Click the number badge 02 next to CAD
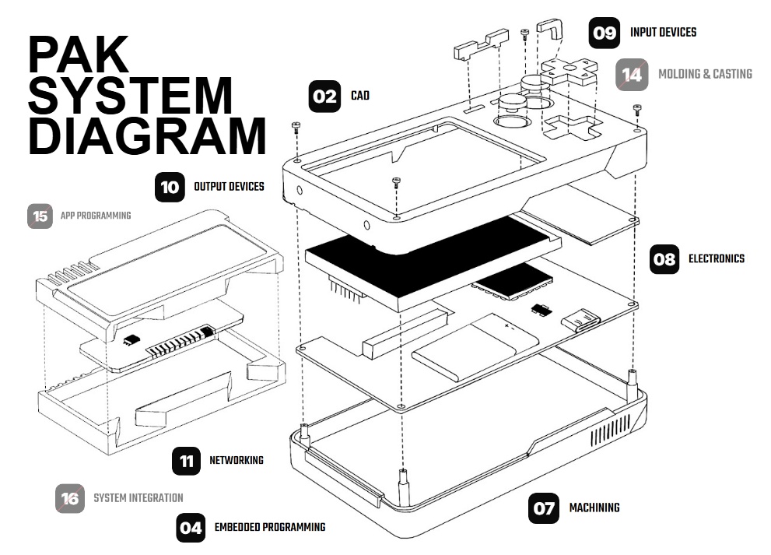coord(324,97)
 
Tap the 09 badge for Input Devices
coord(605,33)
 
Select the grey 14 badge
coord(633,75)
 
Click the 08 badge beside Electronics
coord(664,259)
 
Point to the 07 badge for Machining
coord(544,508)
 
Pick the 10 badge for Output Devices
coord(169,187)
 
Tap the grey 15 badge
coord(40,216)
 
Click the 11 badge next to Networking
coord(186,461)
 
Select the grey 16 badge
coord(70,498)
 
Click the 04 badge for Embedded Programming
coord(191,528)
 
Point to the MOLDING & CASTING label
coord(705,75)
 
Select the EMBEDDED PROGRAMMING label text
coord(269,528)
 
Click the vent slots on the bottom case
coord(611,430)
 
